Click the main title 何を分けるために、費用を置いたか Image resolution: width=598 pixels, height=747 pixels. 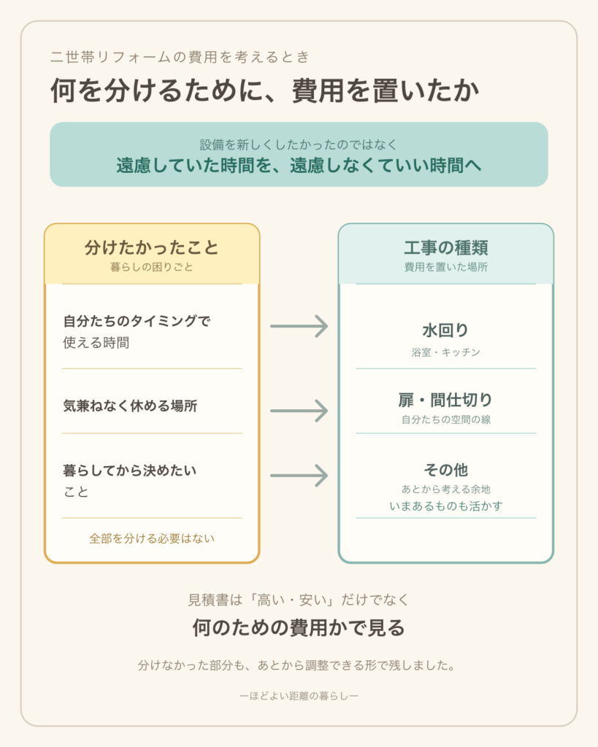click(x=264, y=90)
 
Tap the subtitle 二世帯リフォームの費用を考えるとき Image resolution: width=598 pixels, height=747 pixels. click(x=180, y=57)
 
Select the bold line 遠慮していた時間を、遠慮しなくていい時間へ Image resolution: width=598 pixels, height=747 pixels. click(x=299, y=166)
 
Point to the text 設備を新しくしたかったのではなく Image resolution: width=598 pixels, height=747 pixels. click(x=299, y=144)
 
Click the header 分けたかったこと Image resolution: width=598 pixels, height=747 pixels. click(x=152, y=248)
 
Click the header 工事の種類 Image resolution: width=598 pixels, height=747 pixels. click(x=446, y=248)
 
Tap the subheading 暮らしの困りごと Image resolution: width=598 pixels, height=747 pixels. click(x=152, y=267)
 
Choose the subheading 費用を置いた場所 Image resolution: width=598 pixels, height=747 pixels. click(x=446, y=267)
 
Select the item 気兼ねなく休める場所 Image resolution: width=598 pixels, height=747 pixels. click(x=130, y=406)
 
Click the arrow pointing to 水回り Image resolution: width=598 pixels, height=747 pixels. click(x=299, y=326)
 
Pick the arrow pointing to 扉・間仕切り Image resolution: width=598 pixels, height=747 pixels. click(x=299, y=411)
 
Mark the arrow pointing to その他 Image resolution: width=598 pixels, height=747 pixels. click(x=299, y=476)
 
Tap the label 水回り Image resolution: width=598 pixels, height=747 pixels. click(x=446, y=330)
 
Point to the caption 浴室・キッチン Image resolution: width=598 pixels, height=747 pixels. click(x=446, y=352)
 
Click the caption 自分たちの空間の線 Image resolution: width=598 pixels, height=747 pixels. click(x=446, y=419)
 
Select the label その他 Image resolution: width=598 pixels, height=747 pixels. click(x=446, y=471)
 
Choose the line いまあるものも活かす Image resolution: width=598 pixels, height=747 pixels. click(x=446, y=506)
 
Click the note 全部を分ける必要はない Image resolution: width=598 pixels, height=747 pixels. click(x=152, y=539)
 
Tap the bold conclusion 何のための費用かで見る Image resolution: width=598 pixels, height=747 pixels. click(x=299, y=628)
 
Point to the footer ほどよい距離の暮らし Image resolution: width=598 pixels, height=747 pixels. click(x=299, y=696)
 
